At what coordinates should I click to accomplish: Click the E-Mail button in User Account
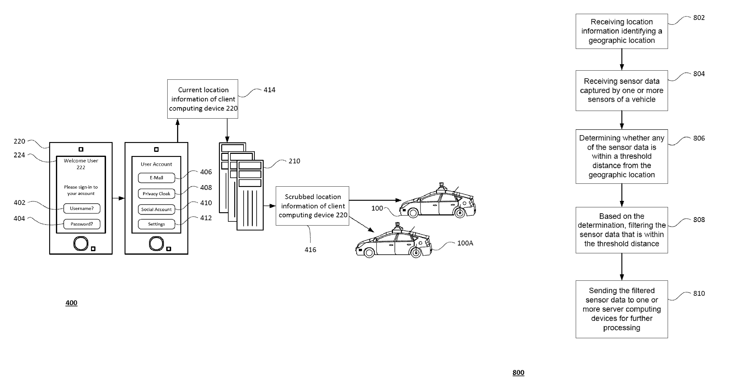[x=156, y=178]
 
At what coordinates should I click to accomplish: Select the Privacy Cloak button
[x=156, y=194]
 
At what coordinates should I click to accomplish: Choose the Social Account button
[x=156, y=209]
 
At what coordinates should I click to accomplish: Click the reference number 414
[x=269, y=90]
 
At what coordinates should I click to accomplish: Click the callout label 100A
[x=465, y=243]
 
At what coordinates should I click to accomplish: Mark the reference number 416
[x=310, y=250]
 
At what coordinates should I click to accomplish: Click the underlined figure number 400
[x=71, y=303]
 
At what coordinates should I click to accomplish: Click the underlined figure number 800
[x=518, y=373]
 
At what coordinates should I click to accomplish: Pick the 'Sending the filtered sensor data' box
[x=621, y=309]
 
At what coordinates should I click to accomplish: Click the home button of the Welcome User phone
[x=81, y=244]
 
